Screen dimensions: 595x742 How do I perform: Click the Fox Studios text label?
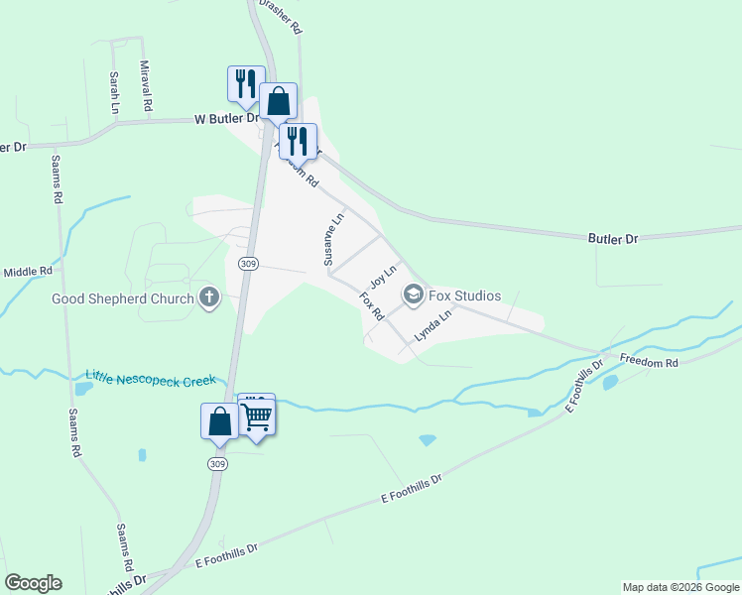tap(465, 296)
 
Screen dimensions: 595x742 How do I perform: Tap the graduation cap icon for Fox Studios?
tap(413, 295)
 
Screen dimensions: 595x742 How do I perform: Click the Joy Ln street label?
tap(383, 277)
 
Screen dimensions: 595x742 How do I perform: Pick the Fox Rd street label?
tap(371, 305)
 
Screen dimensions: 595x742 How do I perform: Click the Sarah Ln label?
tap(115, 91)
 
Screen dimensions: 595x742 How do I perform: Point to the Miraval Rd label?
tap(145, 85)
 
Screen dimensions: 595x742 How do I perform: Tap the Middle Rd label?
tap(27, 272)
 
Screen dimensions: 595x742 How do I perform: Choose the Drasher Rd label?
tap(281, 17)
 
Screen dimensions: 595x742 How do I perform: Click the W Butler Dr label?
tap(219, 118)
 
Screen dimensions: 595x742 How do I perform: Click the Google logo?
tap(33, 583)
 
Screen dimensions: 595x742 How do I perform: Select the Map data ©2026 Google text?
tap(680, 588)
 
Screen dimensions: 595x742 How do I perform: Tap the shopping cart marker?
tap(257, 416)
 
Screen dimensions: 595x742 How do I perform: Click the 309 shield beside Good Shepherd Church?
tap(248, 263)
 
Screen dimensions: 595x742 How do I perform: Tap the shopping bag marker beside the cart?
tap(219, 421)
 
